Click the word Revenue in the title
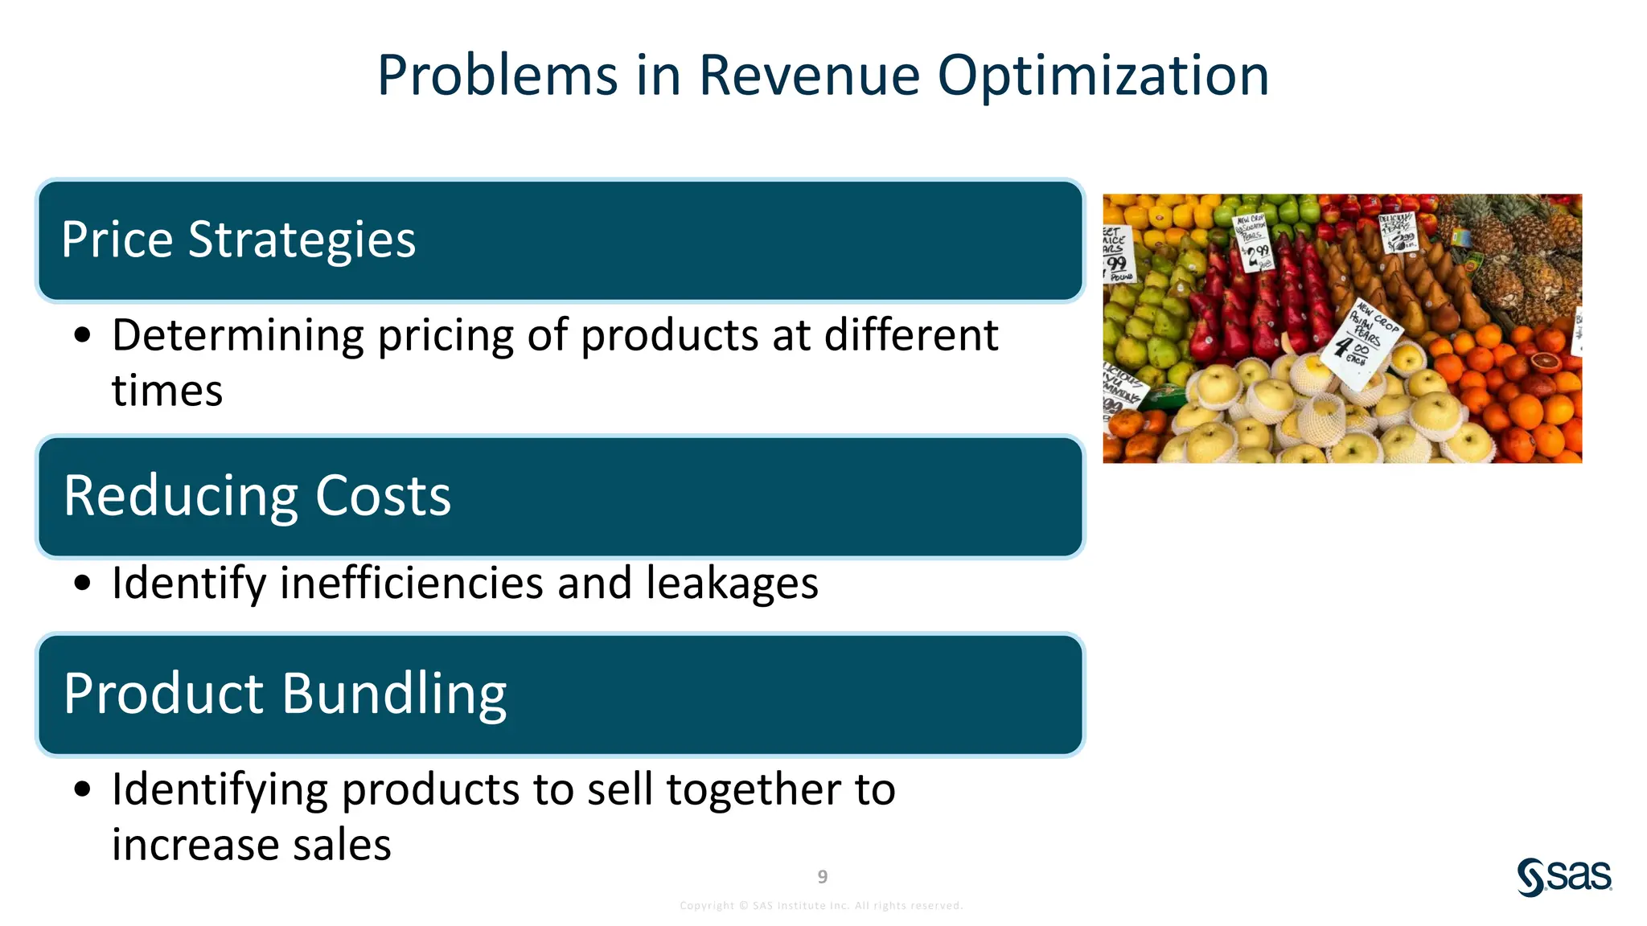pos(808,76)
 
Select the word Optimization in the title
pos(1103,76)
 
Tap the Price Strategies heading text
pos(238,240)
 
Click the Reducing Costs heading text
pos(257,496)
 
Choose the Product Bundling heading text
pos(285,694)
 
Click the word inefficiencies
pos(411,583)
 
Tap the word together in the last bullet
pos(754,789)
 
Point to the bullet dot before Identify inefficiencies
pos(82,584)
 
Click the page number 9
pos(822,876)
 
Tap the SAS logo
pos(1563,876)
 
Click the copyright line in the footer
pos(821,905)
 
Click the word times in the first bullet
pos(166,391)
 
